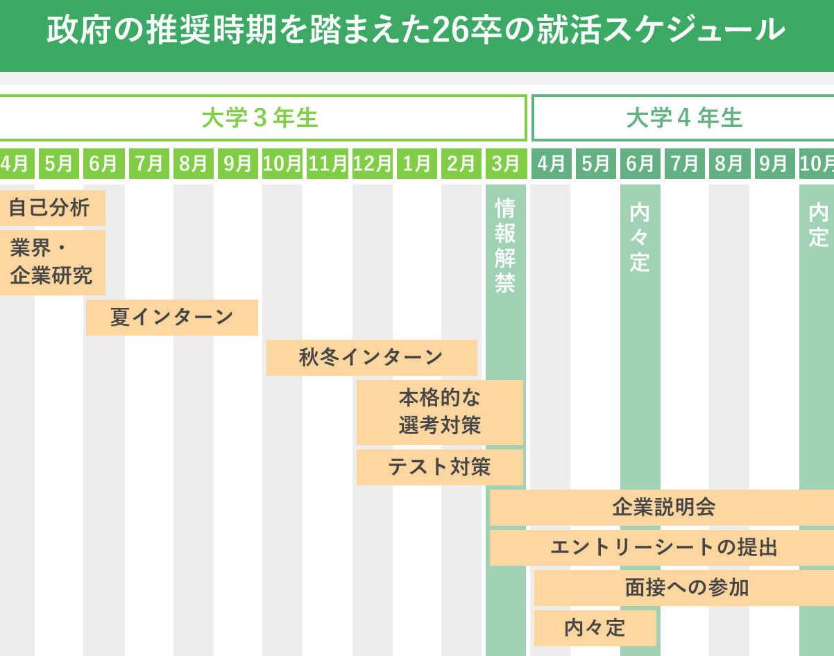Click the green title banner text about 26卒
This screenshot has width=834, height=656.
pyautogui.click(x=416, y=31)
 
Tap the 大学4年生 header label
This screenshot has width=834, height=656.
pyautogui.click(x=684, y=118)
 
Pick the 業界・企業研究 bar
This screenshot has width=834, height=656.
pyautogui.click(x=51, y=262)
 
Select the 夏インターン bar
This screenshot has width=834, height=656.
pyautogui.click(x=171, y=318)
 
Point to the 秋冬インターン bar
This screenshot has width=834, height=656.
pyautogui.click(x=371, y=358)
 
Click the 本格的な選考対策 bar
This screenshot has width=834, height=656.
pyautogui.click(x=439, y=412)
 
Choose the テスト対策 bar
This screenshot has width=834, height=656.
pyautogui.click(x=439, y=467)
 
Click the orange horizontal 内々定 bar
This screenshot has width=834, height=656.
pyautogui.click(x=595, y=628)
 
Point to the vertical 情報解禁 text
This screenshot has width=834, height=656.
pyautogui.click(x=505, y=246)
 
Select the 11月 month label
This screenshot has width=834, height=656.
pyautogui.click(x=327, y=164)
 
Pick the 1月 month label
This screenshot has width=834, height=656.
pyautogui.click(x=416, y=164)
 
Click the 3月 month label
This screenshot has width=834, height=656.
pyautogui.click(x=505, y=164)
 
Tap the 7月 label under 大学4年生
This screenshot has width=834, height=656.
pyautogui.click(x=684, y=164)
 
